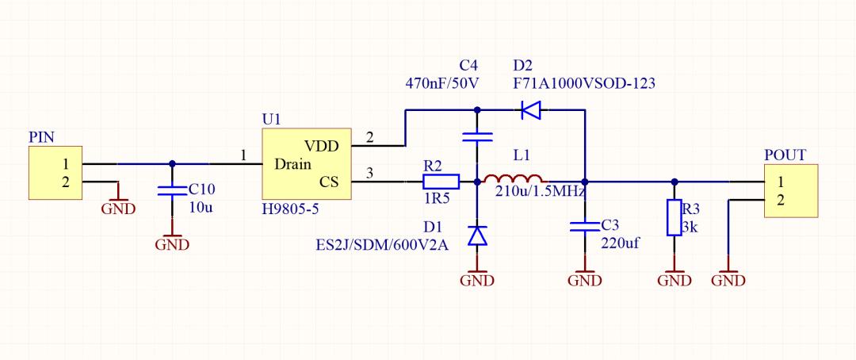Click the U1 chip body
click(306, 164)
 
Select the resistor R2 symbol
click(441, 182)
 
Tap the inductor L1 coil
click(513, 180)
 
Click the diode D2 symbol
click(530, 109)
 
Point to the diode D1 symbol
click(478, 236)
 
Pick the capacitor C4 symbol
click(477, 136)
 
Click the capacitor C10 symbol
click(172, 190)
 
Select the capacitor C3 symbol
click(585, 226)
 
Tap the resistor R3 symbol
click(674, 217)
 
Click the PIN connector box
click(55, 173)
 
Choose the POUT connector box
click(791, 190)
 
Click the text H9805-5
click(290, 209)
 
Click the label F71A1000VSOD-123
click(584, 83)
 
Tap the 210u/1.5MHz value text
click(541, 192)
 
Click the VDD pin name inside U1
click(322, 147)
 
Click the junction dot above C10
click(172, 163)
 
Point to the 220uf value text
click(620, 243)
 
